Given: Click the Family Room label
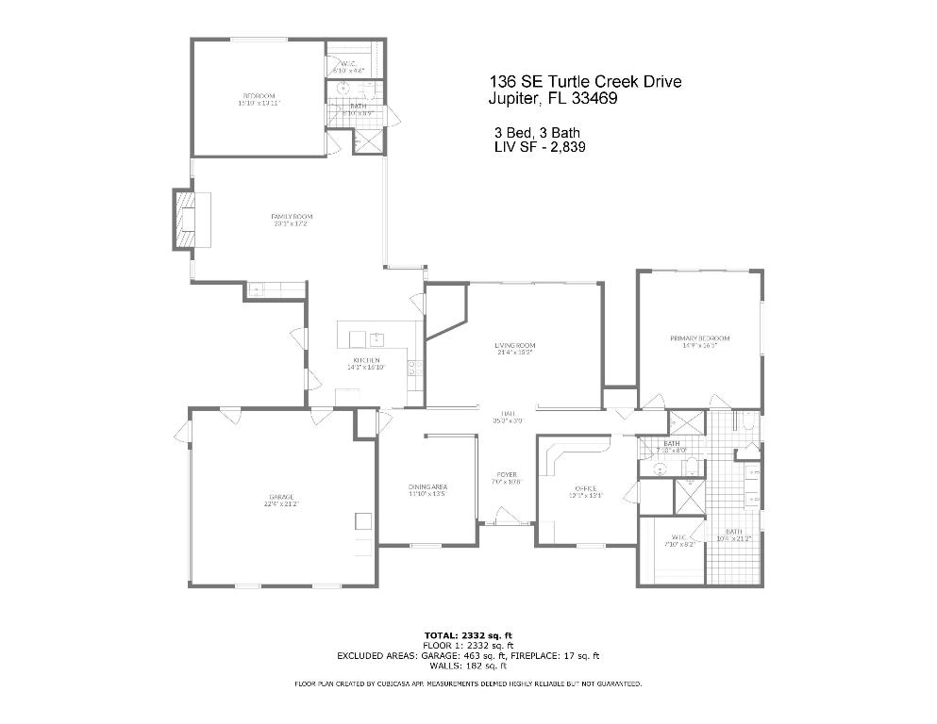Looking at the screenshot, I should click(x=291, y=217).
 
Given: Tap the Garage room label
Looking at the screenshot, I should click(x=280, y=497).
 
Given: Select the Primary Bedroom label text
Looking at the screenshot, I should click(x=699, y=338).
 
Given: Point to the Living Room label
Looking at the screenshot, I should click(x=514, y=345).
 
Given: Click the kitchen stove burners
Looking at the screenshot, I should click(x=411, y=368).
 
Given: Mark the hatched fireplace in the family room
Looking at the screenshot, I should click(x=184, y=220).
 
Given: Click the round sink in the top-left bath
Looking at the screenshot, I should click(x=344, y=90).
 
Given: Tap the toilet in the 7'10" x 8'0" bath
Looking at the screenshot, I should click(x=690, y=464).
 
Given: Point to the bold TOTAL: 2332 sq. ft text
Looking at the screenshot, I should click(x=468, y=635).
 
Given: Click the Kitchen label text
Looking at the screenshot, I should click(x=366, y=361).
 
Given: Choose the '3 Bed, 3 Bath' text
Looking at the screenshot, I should click(x=532, y=132).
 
